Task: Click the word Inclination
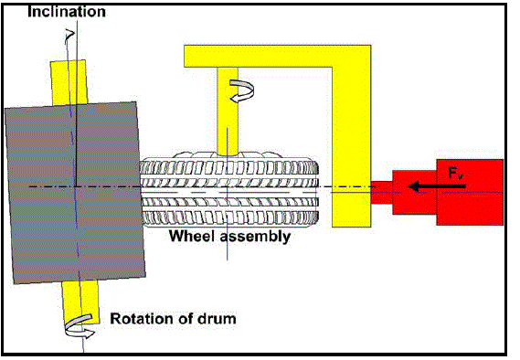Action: [67, 11]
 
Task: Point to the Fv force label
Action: [456, 174]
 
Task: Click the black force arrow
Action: [437, 187]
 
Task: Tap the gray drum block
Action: [75, 193]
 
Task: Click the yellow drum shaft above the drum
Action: [69, 83]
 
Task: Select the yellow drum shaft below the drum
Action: [80, 302]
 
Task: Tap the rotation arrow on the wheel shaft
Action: [242, 90]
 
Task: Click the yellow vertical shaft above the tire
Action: [228, 111]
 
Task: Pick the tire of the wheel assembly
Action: [229, 192]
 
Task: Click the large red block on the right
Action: [470, 192]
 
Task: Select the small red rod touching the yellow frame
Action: [382, 192]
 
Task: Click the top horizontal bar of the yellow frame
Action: [277, 56]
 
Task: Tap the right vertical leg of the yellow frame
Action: [352, 147]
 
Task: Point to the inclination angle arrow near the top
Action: [69, 36]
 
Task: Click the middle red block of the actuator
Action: [415, 192]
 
